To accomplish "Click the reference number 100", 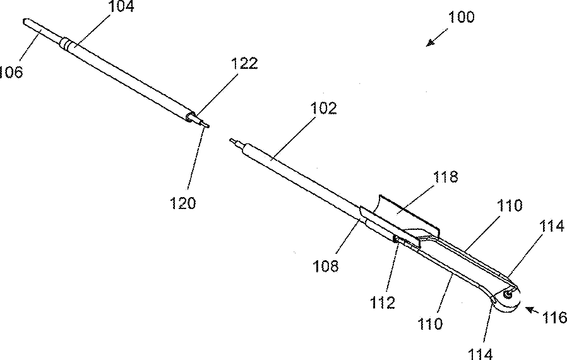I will (x=461, y=17).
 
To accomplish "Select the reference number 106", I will (x=11, y=72).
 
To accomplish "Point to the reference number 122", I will (x=244, y=63).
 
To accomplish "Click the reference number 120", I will (x=182, y=203).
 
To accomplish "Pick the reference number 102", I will (x=323, y=108).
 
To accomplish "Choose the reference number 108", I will (x=326, y=265).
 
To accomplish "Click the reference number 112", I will (x=383, y=303).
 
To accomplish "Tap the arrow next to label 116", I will (x=532, y=311).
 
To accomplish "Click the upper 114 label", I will (x=552, y=225).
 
